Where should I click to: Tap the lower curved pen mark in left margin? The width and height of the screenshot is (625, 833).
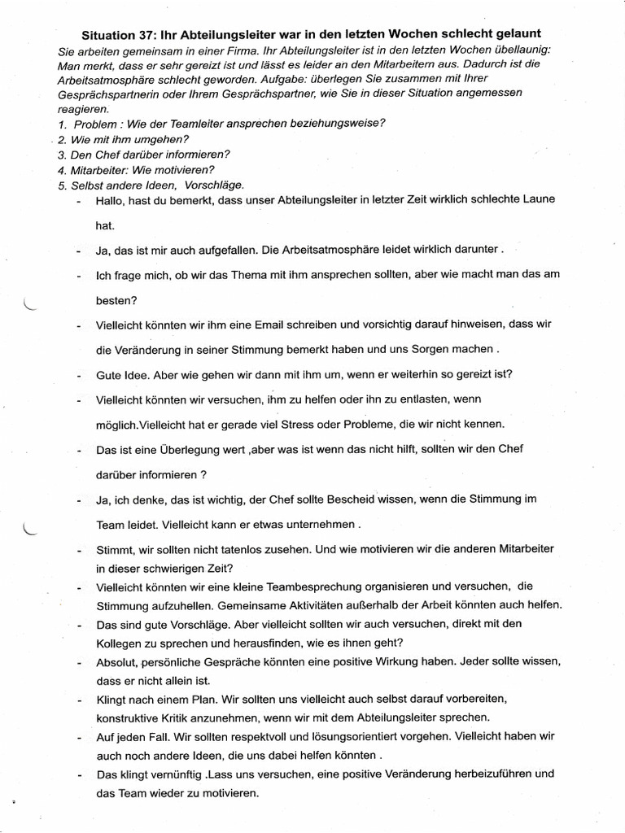(x=31, y=530)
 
